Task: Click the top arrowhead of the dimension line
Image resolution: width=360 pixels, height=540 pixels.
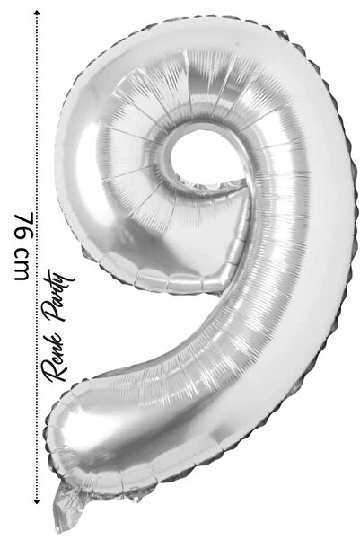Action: [37, 13]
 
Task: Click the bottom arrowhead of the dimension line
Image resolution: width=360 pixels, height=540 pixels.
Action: [37, 501]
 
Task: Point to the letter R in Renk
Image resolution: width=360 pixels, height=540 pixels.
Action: [55, 371]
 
